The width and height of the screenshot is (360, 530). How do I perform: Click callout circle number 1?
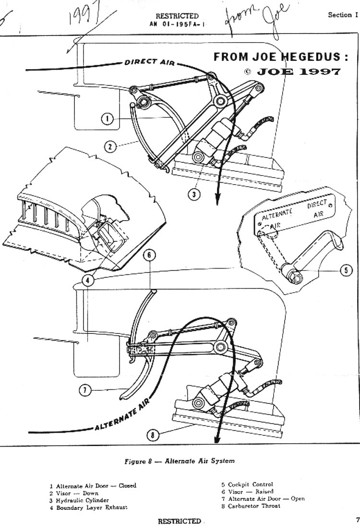coord(109,119)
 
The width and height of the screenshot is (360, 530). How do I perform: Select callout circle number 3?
coord(193,194)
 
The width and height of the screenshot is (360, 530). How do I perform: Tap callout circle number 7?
coord(84,390)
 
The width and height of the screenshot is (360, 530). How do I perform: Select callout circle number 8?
coord(152,435)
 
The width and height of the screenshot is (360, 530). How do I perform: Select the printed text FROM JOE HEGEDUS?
coord(281,57)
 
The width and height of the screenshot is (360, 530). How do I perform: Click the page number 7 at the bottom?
coord(357,519)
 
